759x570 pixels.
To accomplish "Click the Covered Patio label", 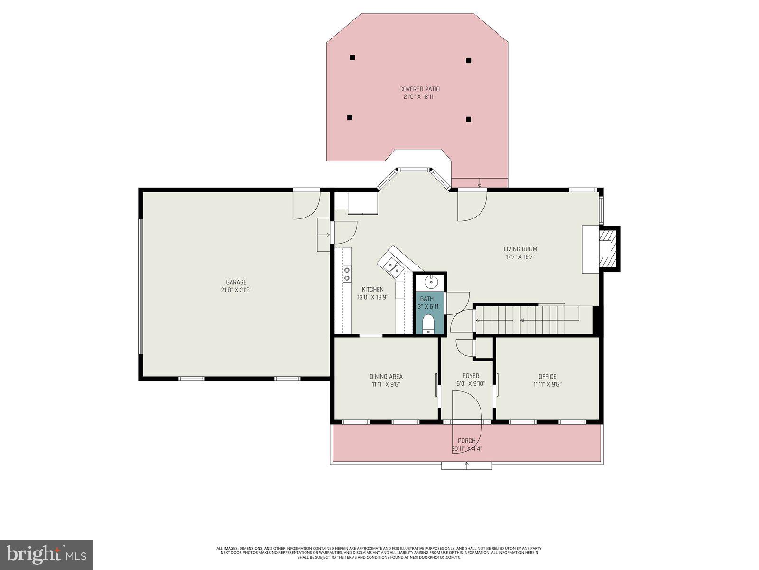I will pyautogui.click(x=419, y=89).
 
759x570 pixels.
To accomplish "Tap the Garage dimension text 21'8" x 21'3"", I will pyautogui.click(x=236, y=290).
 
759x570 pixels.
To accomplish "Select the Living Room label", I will pyautogui.click(x=520, y=249).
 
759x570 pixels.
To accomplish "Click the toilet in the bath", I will pyautogui.click(x=428, y=324).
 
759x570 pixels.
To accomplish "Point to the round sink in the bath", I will pyautogui.click(x=431, y=282).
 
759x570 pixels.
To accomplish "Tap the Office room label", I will pyautogui.click(x=547, y=376).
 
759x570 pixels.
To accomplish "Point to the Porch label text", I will pyautogui.click(x=466, y=441).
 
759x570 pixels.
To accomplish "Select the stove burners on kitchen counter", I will pyautogui.click(x=347, y=274).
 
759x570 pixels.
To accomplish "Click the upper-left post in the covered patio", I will pyautogui.click(x=352, y=57).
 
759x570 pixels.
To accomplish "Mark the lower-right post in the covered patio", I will pyautogui.click(x=468, y=119).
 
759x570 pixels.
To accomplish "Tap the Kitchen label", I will pyautogui.click(x=372, y=290).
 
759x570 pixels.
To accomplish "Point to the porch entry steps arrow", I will pyautogui.click(x=466, y=465).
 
